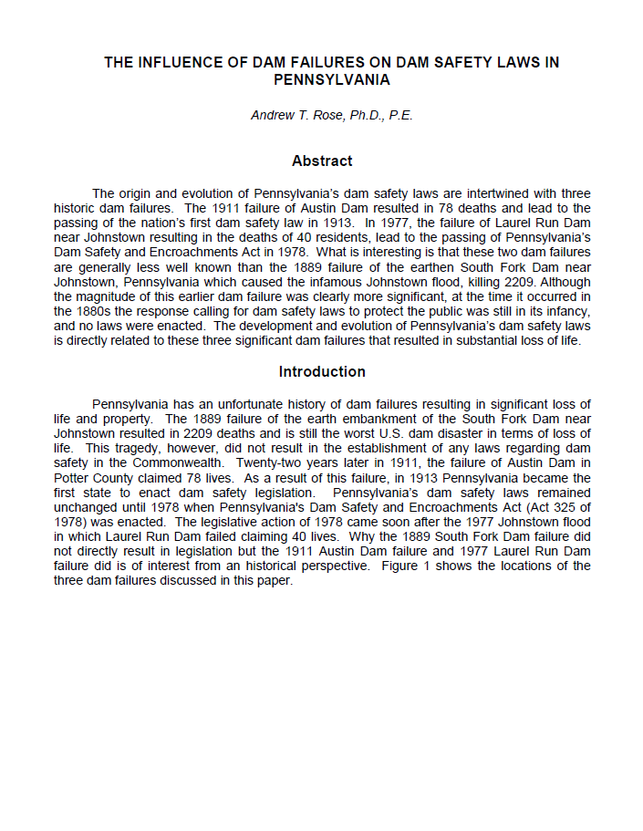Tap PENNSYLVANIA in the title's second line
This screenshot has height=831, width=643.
332,79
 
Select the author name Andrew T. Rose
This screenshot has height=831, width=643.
292,116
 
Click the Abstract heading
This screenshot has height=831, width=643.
322,161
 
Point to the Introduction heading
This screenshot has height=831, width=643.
322,371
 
